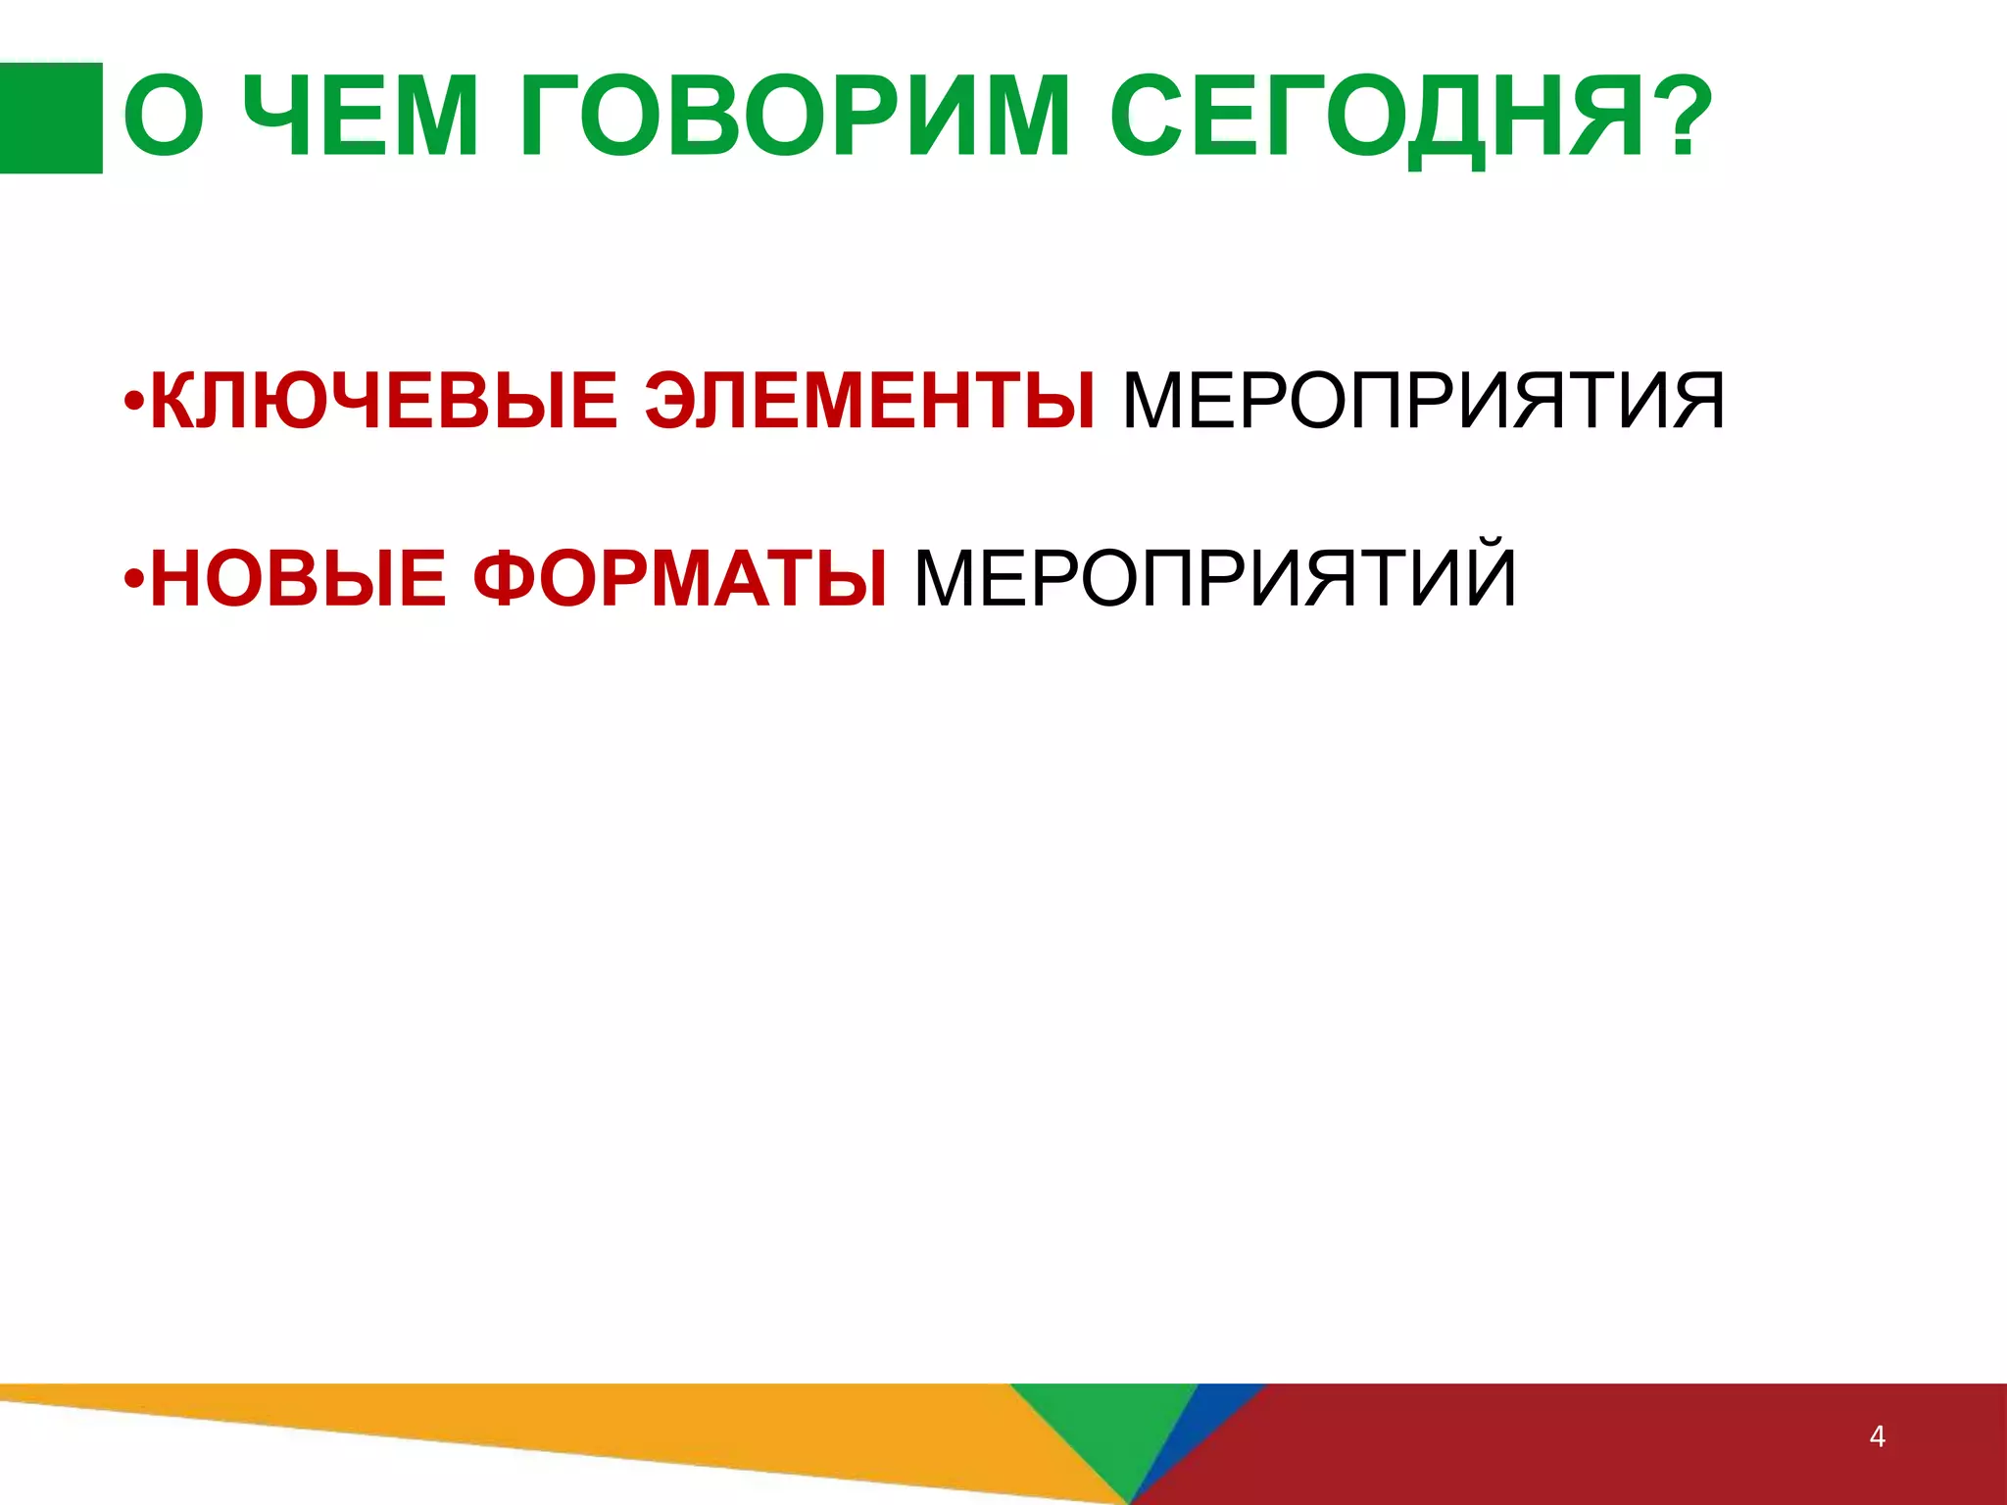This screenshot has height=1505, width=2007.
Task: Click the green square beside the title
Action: tap(51, 118)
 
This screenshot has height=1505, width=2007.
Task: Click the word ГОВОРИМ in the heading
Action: tap(795, 118)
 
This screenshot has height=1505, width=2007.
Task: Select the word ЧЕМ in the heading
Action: tap(360, 118)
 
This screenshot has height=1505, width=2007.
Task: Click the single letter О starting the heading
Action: tap(165, 118)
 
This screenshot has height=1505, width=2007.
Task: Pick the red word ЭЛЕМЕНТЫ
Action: tap(870, 401)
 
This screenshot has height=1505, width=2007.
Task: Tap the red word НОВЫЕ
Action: tap(298, 579)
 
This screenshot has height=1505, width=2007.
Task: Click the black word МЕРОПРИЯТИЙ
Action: tap(1215, 579)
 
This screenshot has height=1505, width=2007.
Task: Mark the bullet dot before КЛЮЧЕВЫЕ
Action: tap(135, 403)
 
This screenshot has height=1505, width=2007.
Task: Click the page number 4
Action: tap(1877, 1436)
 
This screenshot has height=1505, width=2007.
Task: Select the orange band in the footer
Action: tap(588, 1421)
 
